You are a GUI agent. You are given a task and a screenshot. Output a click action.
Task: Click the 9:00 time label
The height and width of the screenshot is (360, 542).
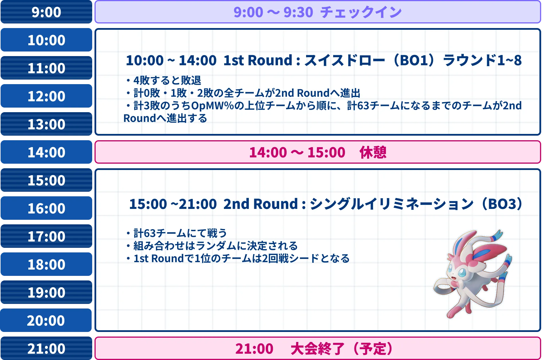click(46, 12)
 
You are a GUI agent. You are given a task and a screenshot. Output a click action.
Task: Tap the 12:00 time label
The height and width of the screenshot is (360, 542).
click(46, 96)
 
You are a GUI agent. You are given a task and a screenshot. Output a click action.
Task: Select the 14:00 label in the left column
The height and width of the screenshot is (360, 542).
click(46, 152)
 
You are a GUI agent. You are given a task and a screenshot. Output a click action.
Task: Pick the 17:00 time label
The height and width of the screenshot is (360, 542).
click(46, 236)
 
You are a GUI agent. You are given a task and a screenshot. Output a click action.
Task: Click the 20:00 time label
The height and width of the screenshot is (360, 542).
click(46, 321)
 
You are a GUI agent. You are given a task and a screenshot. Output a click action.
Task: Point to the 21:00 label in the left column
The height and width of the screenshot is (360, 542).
click(46, 349)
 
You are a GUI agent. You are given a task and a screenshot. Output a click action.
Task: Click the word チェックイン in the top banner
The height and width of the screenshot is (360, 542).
click(361, 12)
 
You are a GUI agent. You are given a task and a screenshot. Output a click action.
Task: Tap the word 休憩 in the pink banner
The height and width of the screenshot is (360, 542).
click(373, 152)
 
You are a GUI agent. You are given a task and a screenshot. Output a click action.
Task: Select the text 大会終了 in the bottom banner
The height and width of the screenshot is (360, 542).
click(317, 349)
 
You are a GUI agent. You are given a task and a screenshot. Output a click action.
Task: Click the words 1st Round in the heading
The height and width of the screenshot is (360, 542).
click(258, 60)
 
